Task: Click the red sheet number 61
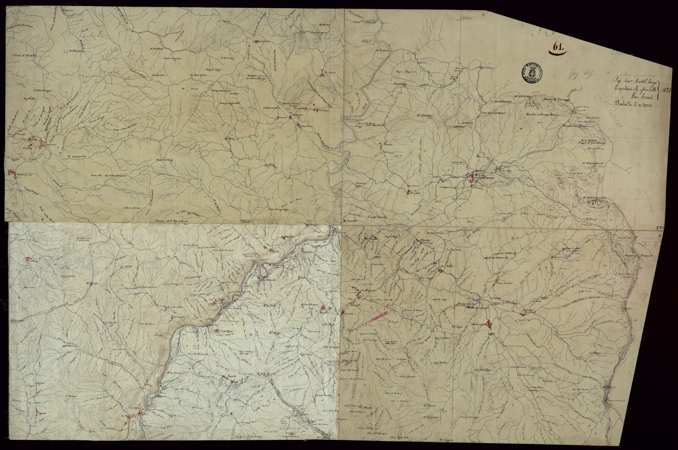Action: coord(558,47)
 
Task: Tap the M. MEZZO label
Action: coord(426,119)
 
